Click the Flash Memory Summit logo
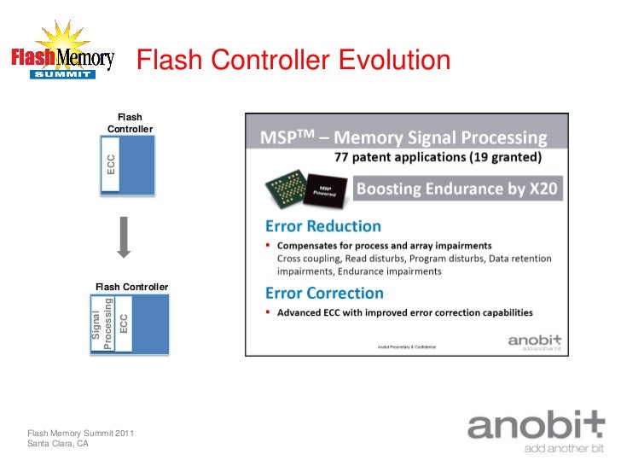click(61, 53)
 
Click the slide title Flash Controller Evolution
click(293, 61)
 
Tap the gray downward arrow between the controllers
click(124, 236)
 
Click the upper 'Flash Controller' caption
click(130, 123)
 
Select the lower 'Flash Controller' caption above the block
click(131, 287)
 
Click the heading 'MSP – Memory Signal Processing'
click(403, 137)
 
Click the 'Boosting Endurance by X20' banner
click(456, 189)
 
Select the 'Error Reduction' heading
click(322, 226)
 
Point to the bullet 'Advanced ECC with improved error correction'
click(409, 312)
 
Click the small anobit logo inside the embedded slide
click(534, 341)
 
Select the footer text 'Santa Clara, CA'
click(58, 445)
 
